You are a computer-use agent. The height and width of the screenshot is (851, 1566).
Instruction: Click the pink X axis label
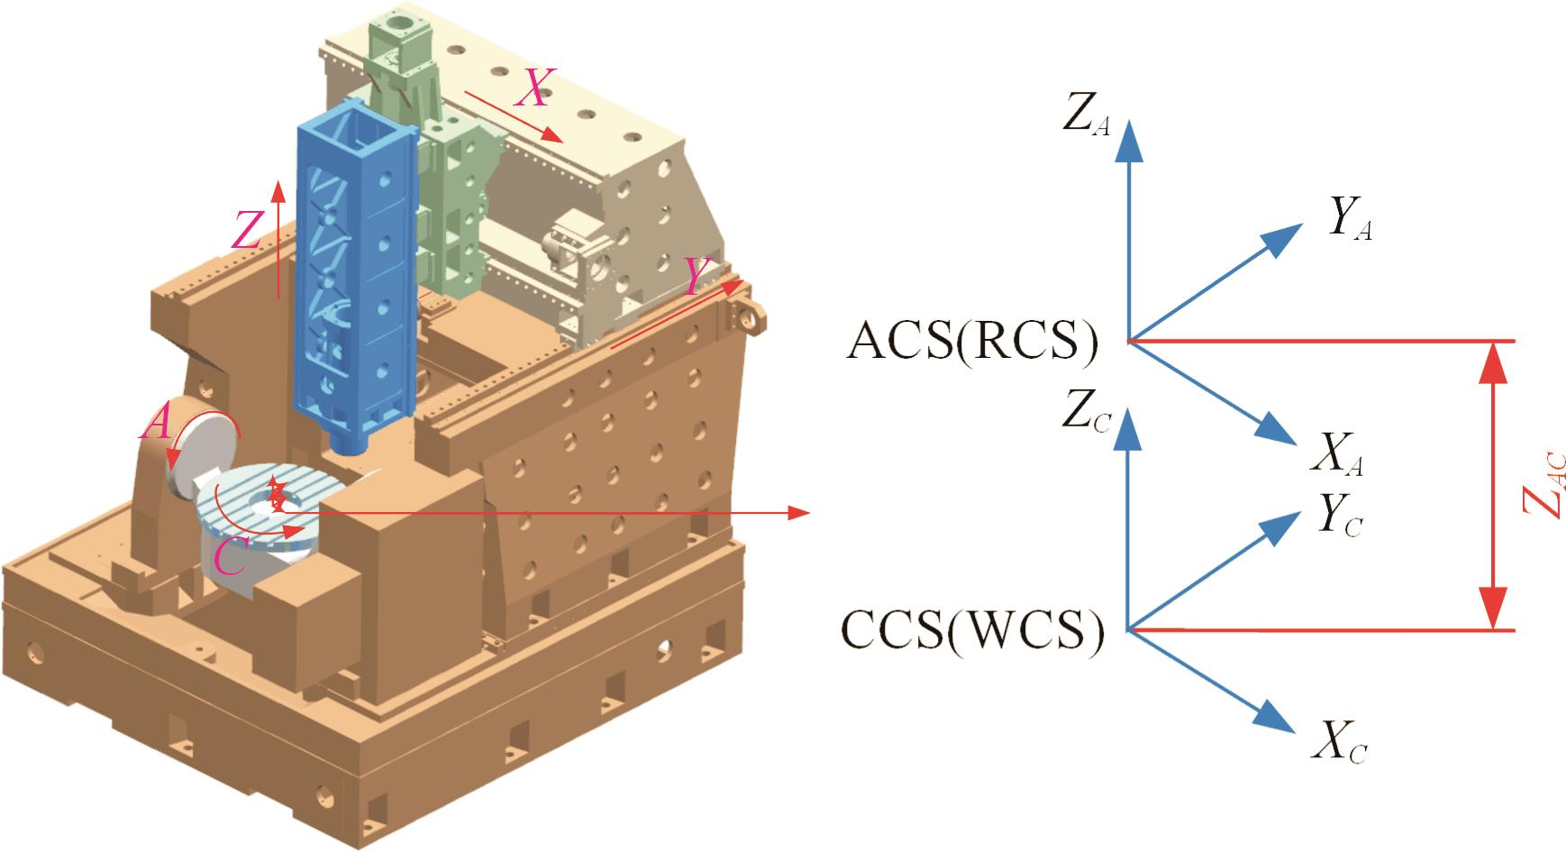point(535,88)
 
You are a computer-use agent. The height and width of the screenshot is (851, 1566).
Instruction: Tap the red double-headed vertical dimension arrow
point(1493,486)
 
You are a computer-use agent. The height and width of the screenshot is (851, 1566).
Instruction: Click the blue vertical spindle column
point(356,270)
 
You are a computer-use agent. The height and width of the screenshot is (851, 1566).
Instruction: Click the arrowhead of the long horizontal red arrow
point(801,513)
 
